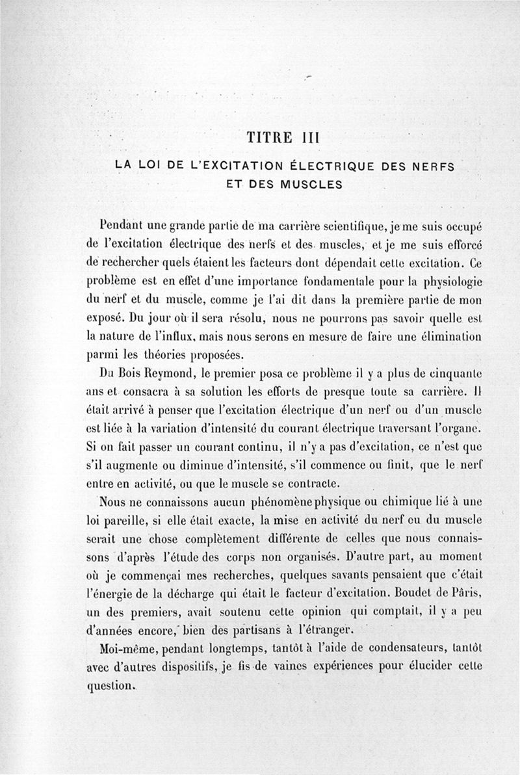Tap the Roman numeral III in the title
[x=304, y=138]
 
